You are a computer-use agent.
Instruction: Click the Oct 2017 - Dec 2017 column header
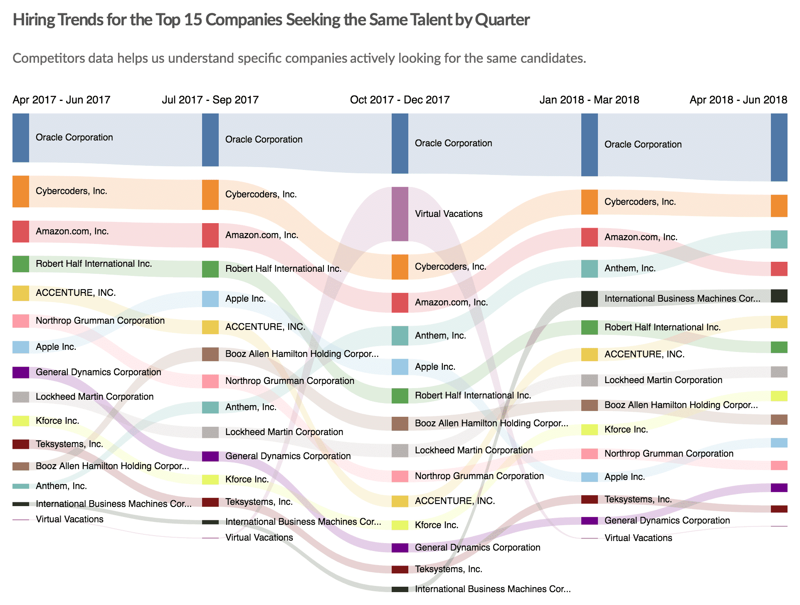pyautogui.click(x=400, y=100)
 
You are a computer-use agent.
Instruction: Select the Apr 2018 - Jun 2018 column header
pyautogui.click(x=738, y=100)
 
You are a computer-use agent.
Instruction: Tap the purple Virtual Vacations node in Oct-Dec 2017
pyautogui.click(x=400, y=214)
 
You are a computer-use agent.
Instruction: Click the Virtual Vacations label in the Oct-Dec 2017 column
pyautogui.click(x=449, y=214)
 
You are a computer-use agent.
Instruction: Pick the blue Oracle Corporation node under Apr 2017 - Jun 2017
pyautogui.click(x=21, y=138)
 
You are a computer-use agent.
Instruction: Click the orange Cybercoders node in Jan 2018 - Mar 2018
pyautogui.click(x=589, y=202)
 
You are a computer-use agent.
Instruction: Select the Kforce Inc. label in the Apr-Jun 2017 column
pyautogui.click(x=57, y=421)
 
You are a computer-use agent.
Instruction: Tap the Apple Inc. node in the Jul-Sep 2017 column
pyautogui.click(x=210, y=299)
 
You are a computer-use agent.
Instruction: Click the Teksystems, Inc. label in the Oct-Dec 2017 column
pyautogui.click(x=448, y=569)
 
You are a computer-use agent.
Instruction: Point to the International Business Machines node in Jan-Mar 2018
pyautogui.click(x=589, y=299)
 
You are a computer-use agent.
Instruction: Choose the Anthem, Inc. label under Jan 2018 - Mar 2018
pyautogui.click(x=630, y=268)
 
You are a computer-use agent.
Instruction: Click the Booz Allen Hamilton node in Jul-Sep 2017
pyautogui.click(x=210, y=354)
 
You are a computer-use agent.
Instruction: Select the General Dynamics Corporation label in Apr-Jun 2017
pyautogui.click(x=98, y=372)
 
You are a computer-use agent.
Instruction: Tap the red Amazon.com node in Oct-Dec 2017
pyautogui.click(x=400, y=302)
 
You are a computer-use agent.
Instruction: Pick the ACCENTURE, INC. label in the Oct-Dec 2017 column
pyautogui.click(x=454, y=501)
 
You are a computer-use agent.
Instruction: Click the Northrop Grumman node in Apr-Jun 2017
pyautogui.click(x=21, y=321)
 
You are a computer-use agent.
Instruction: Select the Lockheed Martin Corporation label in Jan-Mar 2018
pyautogui.click(x=663, y=380)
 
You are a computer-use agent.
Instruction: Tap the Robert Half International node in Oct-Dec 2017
pyautogui.click(x=400, y=396)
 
